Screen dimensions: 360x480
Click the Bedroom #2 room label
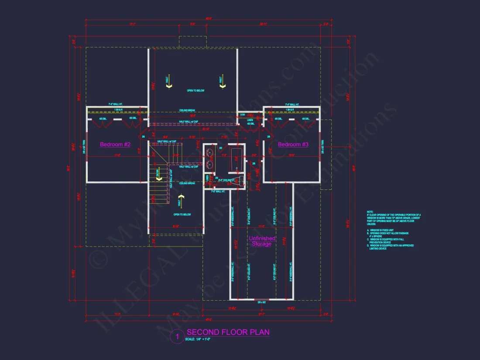pyautogui.click(x=115, y=144)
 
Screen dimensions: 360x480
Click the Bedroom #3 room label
pyautogui.click(x=293, y=144)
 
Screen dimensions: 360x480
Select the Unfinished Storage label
pyautogui.click(x=262, y=241)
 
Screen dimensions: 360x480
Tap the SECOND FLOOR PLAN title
pyautogui.click(x=228, y=332)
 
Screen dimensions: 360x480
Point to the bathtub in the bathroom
pyautogui.click(x=237, y=159)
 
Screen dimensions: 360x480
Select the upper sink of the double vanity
pyautogui.click(x=210, y=153)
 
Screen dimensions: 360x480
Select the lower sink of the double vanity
pyautogui.click(x=210, y=165)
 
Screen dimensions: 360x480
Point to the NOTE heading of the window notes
pyautogui.click(x=370, y=212)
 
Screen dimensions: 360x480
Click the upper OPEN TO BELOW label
pyautogui.click(x=195, y=91)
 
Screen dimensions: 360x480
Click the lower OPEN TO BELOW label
pyautogui.click(x=182, y=215)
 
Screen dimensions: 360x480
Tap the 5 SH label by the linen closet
pyautogui.click(x=243, y=114)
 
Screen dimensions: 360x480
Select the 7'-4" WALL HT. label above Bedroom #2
pyautogui.click(x=116, y=105)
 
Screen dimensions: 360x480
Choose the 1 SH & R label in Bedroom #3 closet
pyautogui.click(x=291, y=110)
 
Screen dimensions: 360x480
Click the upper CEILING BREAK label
pyautogui.click(x=187, y=110)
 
